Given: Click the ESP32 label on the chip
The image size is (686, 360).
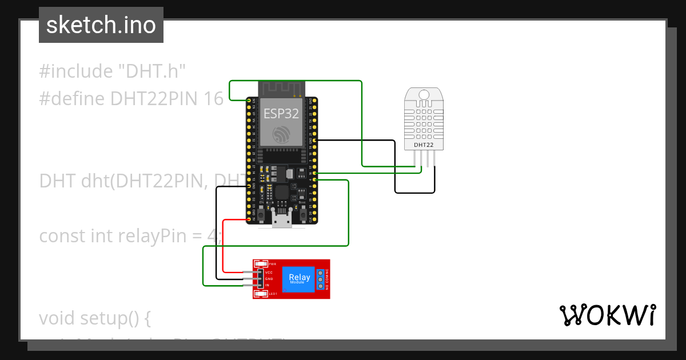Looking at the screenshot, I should (281, 113).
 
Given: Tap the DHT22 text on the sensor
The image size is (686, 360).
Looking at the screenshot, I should (424, 145).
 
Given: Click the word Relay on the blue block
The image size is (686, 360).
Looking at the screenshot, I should (300, 277).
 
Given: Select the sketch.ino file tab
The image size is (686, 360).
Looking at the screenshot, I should (101, 25).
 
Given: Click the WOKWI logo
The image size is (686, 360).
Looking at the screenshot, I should (607, 315).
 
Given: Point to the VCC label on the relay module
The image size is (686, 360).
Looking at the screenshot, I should (269, 273).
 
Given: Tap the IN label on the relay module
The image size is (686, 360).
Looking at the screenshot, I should (267, 285).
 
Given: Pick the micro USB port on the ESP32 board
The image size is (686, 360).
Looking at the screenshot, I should (281, 220).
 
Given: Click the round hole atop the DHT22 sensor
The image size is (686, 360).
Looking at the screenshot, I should (424, 94).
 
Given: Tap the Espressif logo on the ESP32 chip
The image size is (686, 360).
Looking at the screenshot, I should (281, 135).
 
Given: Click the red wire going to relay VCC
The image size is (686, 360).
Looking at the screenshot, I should (224, 246).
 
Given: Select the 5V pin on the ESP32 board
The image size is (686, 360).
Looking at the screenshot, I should (250, 219).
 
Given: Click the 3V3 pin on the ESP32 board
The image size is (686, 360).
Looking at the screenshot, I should (250, 101).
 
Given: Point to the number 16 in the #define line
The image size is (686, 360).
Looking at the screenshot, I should (213, 99).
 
